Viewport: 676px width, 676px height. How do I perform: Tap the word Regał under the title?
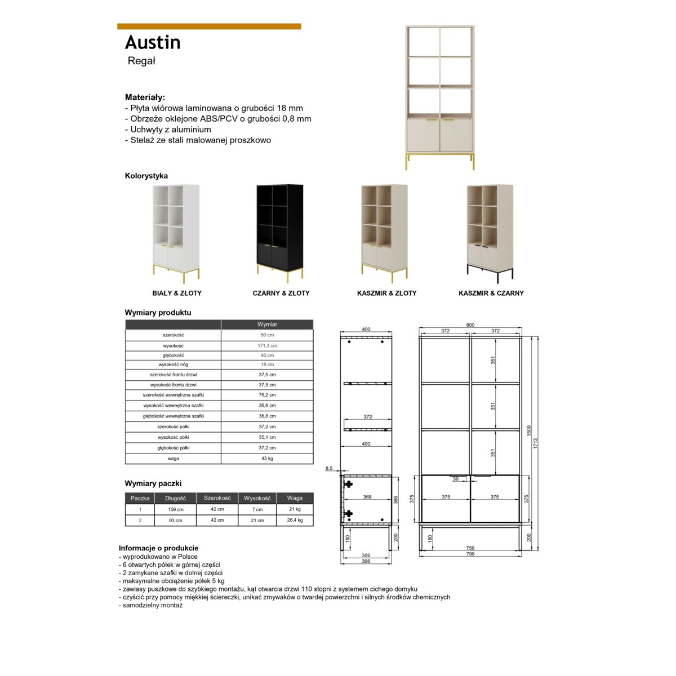coord(141,61)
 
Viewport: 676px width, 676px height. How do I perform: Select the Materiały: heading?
coord(145,97)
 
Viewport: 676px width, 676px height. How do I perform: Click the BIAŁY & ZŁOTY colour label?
coord(177,293)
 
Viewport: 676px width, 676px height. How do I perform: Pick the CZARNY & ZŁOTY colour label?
coord(281,293)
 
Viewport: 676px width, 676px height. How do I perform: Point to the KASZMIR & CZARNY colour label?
coord(491,293)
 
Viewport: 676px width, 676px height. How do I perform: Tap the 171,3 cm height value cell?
coord(267,345)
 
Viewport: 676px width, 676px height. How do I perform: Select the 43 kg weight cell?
coord(267,459)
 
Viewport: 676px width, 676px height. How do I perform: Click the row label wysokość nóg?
coord(173,364)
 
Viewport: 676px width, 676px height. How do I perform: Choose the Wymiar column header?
coord(267,324)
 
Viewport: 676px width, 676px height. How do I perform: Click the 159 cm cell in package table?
coord(176,509)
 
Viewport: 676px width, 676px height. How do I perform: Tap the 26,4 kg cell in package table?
coord(295,520)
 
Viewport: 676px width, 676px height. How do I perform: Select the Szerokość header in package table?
coord(217,498)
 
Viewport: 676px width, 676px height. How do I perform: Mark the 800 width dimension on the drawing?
coord(470,325)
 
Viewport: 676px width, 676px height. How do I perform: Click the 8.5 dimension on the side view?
coord(329,468)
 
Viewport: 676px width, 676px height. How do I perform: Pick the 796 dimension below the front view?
coord(470,554)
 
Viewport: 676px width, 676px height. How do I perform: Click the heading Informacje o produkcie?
coord(158,548)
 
